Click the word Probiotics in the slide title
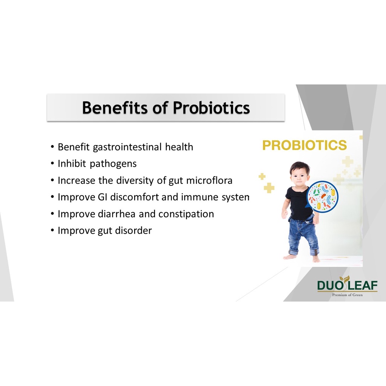211,108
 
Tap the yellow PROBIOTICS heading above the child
305,145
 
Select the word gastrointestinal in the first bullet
127,147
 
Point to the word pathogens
113,164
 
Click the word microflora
209,181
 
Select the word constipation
186,214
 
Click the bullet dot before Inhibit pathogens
52,164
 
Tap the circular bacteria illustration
323,196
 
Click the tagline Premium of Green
347,295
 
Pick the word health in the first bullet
179,147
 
